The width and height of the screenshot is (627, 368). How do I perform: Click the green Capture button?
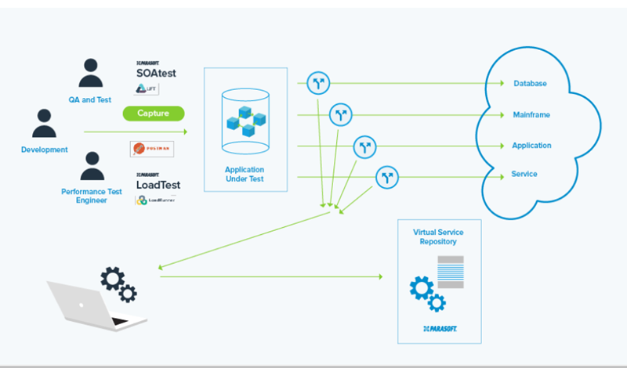[153, 114]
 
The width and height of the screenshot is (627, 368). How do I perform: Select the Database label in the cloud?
[530, 84]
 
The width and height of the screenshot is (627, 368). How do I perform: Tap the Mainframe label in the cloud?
[531, 115]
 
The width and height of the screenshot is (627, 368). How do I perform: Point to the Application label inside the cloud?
[531, 146]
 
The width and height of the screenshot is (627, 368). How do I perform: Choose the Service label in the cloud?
[524, 174]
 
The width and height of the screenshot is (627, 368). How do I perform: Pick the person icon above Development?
[44, 124]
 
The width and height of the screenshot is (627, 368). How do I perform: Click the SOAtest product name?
[156, 74]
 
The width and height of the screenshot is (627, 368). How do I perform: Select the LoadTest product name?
[158, 185]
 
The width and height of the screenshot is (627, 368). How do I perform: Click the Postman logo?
[152, 149]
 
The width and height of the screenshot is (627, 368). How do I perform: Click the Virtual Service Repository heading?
[435, 237]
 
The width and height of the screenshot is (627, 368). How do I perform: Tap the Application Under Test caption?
[245, 174]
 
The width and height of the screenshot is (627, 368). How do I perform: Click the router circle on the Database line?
[317, 82]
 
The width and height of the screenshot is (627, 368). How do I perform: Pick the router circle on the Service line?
[387, 178]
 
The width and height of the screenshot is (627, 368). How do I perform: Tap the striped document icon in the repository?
[450, 270]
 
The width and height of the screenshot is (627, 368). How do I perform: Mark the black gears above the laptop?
[118, 283]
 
